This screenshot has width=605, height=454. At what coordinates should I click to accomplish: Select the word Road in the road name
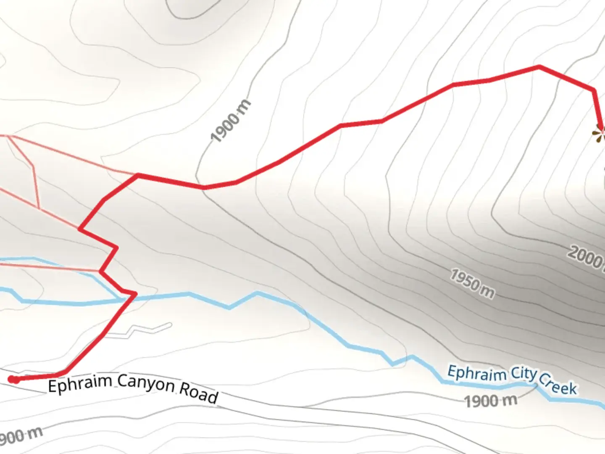point(199,393)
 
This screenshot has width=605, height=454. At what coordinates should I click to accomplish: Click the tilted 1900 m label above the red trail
point(231,121)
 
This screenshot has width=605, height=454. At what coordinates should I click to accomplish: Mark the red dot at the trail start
point(14,380)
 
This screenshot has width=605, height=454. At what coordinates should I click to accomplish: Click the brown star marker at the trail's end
point(599,134)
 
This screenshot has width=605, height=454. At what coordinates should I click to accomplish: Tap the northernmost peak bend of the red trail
point(539,66)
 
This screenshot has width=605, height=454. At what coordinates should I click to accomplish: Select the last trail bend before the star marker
point(594,90)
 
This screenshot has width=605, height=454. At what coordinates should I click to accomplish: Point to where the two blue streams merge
point(122,300)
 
